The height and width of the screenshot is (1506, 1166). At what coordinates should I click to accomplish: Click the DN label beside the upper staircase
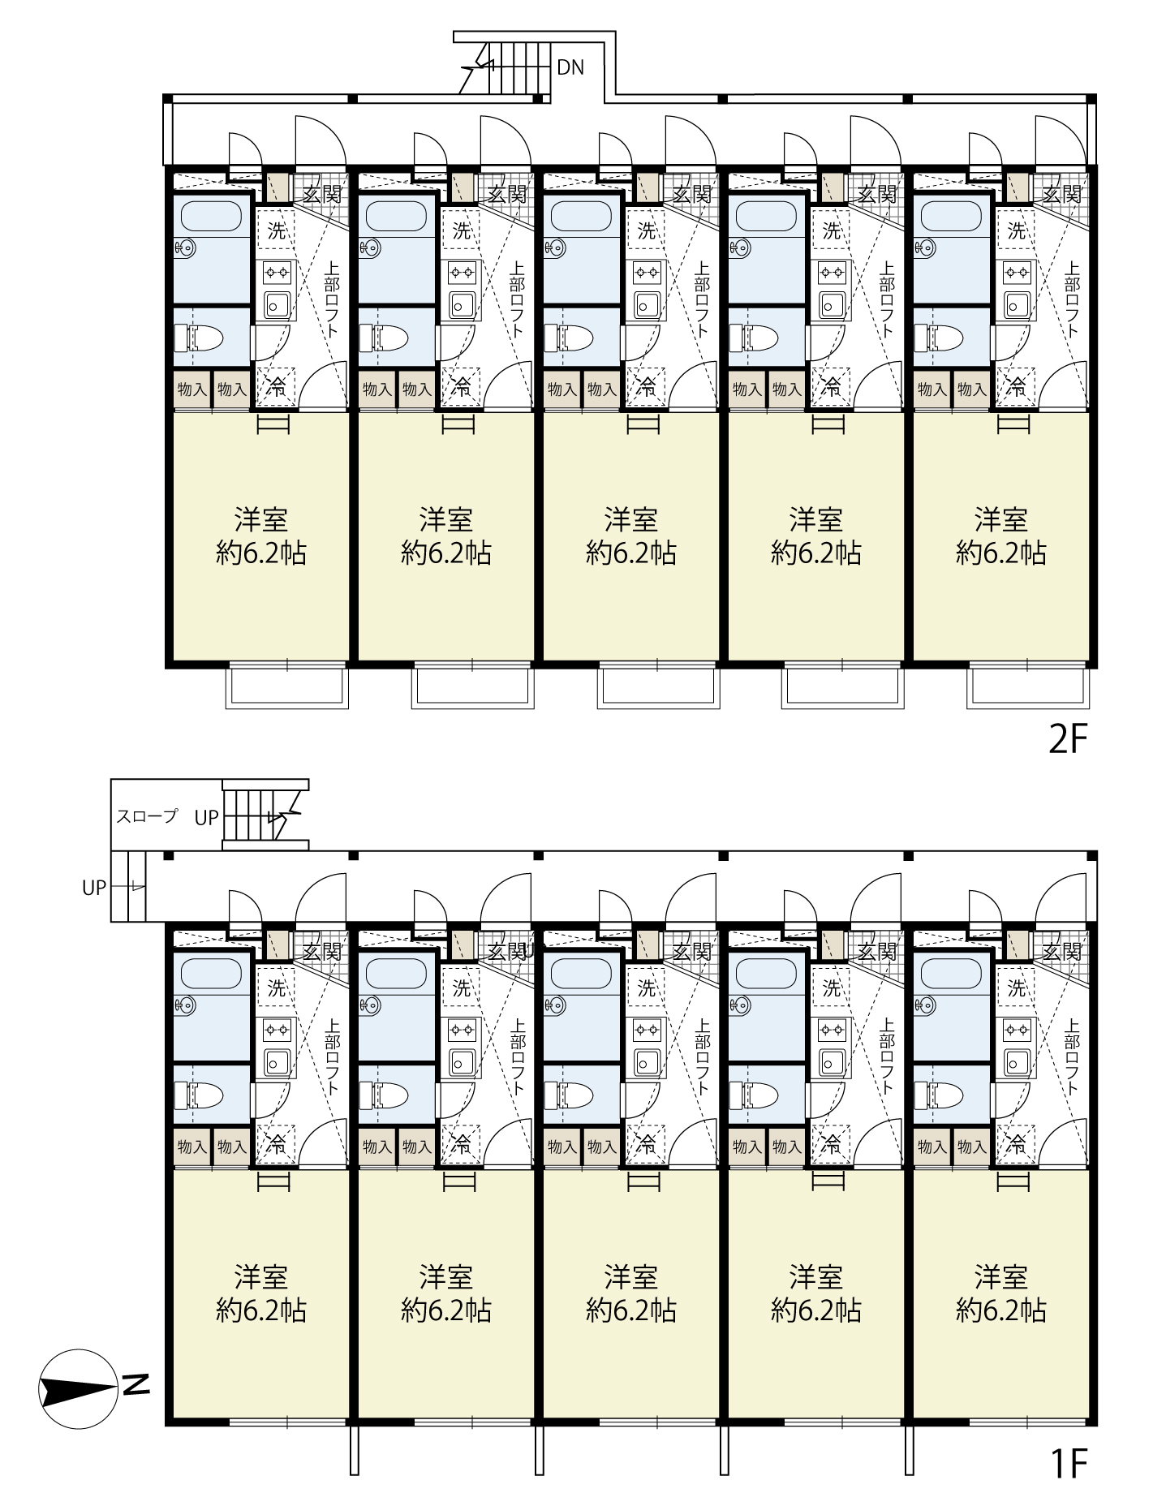pos(570,67)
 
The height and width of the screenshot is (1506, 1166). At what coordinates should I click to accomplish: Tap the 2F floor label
pos(1066,739)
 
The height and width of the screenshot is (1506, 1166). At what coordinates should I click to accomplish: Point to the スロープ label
pos(147,816)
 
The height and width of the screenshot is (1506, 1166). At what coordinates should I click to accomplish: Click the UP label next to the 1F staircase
pos(206,818)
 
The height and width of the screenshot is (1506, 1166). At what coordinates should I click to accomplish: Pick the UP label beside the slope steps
pos(94,888)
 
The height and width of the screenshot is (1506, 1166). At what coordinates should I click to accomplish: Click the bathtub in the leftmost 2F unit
pos(211,217)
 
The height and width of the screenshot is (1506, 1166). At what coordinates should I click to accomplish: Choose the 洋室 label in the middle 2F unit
pos(631,519)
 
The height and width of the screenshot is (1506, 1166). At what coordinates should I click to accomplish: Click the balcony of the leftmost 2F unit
pos(287,687)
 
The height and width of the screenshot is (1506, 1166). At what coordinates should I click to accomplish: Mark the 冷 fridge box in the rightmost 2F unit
pos(1016,388)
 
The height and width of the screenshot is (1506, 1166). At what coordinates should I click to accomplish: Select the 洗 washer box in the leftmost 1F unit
pos(277,988)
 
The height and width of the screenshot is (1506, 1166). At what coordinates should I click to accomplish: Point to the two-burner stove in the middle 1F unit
pos(647,1030)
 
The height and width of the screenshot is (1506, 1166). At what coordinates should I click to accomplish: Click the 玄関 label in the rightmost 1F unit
pos(1062,951)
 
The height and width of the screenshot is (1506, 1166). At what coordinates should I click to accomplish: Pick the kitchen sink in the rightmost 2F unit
pos(1017,304)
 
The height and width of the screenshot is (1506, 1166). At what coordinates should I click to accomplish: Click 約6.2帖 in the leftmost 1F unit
pos(261,1310)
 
